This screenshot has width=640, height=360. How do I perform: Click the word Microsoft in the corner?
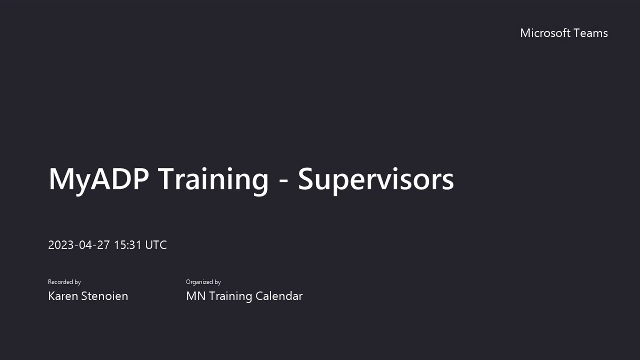(545, 33)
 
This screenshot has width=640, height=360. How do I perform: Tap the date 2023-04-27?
(79, 245)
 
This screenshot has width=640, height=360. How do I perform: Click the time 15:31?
(128, 245)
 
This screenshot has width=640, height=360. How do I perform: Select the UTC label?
(156, 245)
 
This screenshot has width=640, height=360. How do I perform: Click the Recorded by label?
(64, 282)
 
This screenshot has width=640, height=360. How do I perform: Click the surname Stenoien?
(105, 296)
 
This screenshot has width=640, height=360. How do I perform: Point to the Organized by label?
(203, 282)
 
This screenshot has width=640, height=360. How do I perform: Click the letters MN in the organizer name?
(196, 296)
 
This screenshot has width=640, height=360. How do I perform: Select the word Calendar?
(279, 296)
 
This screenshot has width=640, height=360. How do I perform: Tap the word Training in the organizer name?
(231, 296)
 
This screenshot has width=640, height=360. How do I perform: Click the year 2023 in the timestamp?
(61, 245)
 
